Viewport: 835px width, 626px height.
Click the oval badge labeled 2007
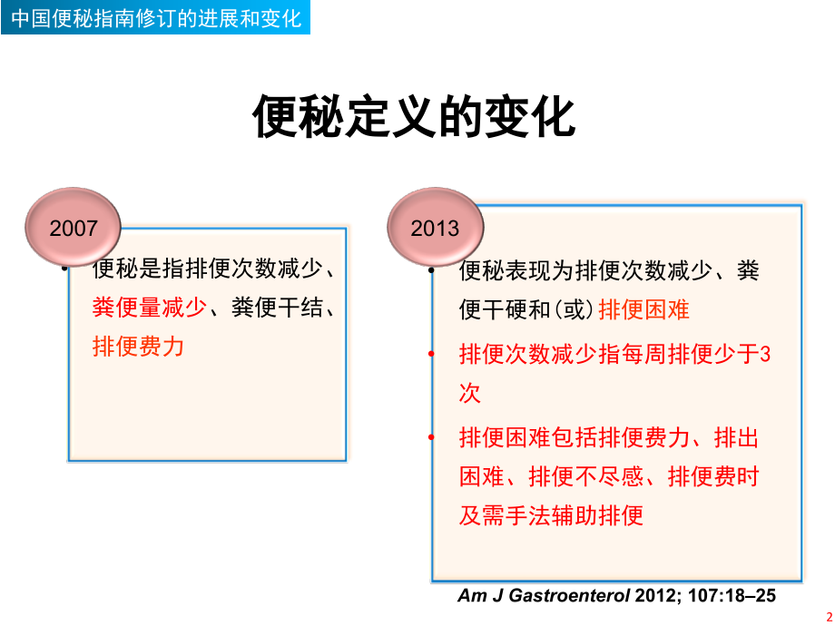(74, 228)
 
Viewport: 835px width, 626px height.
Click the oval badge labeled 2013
(437, 228)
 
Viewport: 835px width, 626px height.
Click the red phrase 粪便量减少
(150, 308)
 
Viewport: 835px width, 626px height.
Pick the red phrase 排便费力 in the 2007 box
(139, 347)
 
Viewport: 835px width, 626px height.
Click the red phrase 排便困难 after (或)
(645, 309)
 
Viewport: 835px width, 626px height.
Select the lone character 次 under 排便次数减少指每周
(470, 393)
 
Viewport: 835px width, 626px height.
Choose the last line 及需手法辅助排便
(552, 516)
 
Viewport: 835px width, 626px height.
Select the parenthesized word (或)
(575, 309)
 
